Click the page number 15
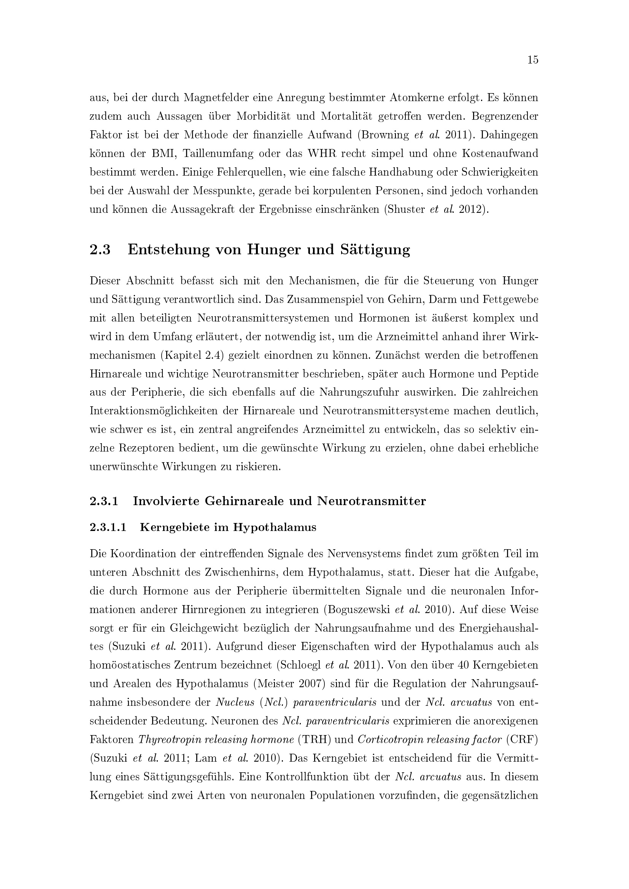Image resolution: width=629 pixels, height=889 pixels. click(x=532, y=60)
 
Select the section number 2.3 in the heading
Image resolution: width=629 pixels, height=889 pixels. click(x=100, y=250)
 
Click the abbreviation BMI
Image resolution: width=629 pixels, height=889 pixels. click(x=162, y=153)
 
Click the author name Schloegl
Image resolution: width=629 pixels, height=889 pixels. click(x=300, y=665)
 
